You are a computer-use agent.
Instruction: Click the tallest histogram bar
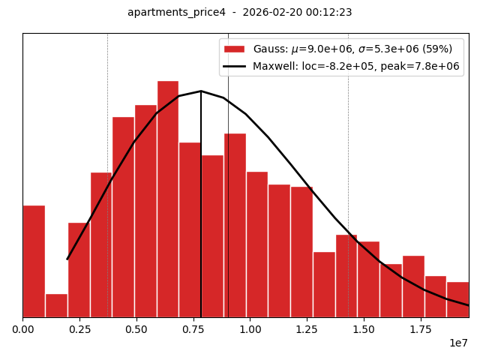coord(168,199)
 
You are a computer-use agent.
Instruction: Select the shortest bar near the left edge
coord(56,305)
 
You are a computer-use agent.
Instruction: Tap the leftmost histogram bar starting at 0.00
coord(34,261)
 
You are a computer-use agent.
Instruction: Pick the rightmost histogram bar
coord(457,299)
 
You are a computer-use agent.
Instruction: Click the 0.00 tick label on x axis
coord(22,328)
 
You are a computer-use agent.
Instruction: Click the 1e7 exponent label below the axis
coord(459,343)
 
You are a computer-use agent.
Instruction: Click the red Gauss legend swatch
coord(235,49)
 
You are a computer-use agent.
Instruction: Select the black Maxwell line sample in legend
coord(235,66)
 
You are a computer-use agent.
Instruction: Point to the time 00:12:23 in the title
coord(326,13)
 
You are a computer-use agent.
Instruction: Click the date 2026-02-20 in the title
coord(266,13)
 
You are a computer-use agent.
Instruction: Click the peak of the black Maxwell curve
coord(201,91)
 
